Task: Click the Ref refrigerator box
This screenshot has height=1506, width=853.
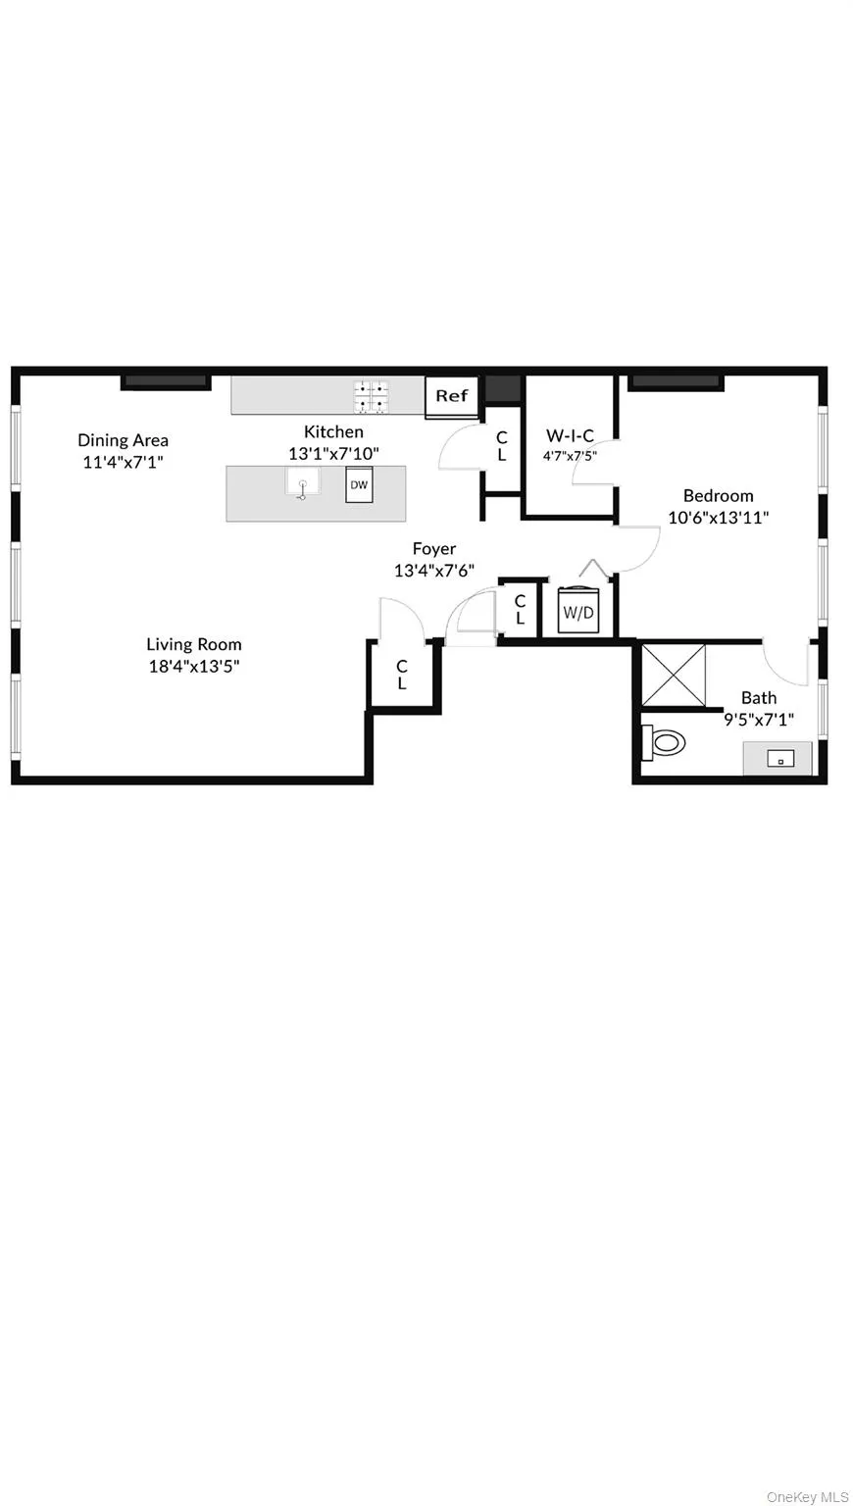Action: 452,396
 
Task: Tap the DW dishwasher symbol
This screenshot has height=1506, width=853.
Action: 359,485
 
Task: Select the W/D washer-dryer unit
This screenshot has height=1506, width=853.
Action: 577,613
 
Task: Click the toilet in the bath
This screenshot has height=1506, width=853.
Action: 664,742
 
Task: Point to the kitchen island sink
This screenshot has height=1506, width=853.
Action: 303,483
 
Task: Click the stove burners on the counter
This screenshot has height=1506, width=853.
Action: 371,396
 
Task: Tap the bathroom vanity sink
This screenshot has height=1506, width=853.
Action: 778,758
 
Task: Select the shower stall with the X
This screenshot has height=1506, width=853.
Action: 673,675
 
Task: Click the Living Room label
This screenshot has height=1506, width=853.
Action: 194,644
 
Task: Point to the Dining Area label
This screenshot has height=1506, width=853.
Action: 124,440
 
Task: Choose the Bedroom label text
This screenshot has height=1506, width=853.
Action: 719,495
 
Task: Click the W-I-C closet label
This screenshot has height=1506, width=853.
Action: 570,436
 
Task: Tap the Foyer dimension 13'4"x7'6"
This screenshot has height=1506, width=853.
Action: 434,571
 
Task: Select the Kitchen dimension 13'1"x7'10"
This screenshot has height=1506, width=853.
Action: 333,453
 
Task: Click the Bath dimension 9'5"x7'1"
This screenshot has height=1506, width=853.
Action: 759,718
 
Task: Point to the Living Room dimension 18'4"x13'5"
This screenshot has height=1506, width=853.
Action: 194,666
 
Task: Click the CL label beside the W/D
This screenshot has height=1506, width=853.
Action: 520,609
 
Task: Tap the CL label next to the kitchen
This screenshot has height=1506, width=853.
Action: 501,446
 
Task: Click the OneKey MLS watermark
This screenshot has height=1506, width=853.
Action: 807,1496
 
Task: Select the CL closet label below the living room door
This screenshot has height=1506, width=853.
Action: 402,675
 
